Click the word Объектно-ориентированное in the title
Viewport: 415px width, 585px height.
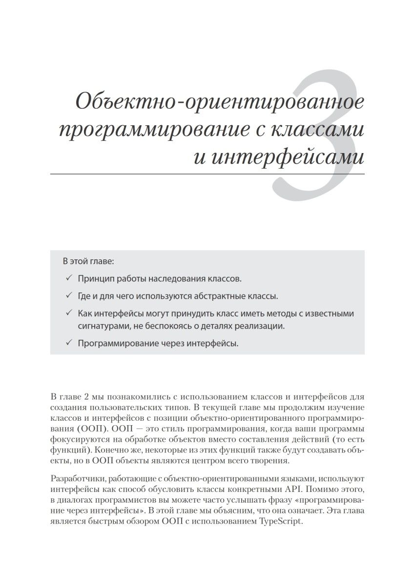tap(220, 102)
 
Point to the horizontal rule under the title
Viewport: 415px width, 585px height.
tap(207, 173)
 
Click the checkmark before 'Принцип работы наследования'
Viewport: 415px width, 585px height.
tap(68, 279)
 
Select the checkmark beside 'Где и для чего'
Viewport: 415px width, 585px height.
tap(68, 296)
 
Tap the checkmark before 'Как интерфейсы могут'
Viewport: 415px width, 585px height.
tap(68, 313)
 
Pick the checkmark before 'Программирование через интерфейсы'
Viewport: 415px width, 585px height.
tap(68, 343)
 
